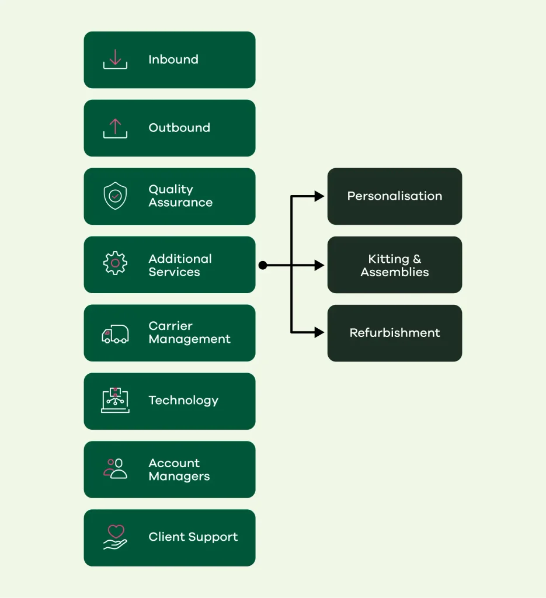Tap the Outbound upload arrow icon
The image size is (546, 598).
115,128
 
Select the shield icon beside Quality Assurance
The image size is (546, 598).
115,196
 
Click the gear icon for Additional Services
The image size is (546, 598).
115,263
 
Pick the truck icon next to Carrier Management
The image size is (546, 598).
115,334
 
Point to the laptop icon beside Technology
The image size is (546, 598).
115,400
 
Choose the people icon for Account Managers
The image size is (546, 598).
115,469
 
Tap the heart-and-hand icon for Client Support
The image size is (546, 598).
115,537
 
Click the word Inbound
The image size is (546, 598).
173,60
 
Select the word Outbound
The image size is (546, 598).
179,128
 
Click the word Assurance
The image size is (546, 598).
180,203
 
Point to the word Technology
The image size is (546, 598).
183,401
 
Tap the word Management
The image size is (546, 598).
190,339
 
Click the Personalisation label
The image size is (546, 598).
395,196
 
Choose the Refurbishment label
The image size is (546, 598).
395,332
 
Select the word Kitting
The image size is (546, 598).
388,259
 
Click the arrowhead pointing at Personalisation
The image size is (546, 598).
319,196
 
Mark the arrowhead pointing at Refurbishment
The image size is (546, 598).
319,332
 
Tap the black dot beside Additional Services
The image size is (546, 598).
263,265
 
